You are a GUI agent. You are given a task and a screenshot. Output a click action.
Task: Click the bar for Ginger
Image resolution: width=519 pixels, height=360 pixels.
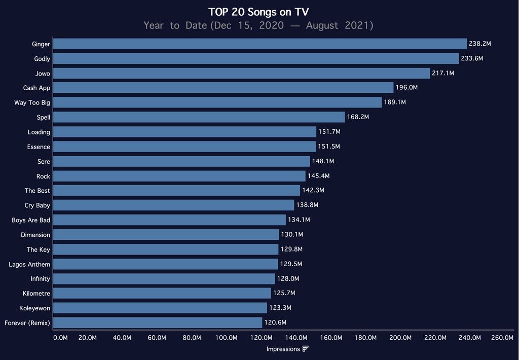pyautogui.click(x=259, y=44)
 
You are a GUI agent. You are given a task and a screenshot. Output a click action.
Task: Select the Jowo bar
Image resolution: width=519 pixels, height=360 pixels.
pyautogui.click(x=241, y=74)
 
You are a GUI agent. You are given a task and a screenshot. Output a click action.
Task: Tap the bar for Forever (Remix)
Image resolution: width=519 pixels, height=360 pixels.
pyautogui.click(x=158, y=322)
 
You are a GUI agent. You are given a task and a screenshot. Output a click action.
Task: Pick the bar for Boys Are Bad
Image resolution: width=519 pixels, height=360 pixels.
pyautogui.click(x=169, y=220)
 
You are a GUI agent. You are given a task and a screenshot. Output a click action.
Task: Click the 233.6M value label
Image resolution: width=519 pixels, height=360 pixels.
pyautogui.click(x=472, y=59)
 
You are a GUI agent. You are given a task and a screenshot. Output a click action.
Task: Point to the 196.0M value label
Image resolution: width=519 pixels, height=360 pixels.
pyautogui.click(x=406, y=88)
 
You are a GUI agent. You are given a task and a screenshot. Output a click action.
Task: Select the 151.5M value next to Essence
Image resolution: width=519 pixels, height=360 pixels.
pyautogui.click(x=328, y=147)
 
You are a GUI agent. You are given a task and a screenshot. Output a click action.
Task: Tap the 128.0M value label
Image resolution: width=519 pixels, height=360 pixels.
pyautogui.click(x=288, y=279)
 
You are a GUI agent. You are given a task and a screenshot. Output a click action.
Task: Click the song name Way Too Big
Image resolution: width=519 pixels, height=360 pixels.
pyautogui.click(x=32, y=103)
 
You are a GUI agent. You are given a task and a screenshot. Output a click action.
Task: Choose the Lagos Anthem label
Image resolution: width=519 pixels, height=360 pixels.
pyautogui.click(x=29, y=264)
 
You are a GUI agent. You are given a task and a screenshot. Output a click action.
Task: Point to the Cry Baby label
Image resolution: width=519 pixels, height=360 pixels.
pyautogui.click(x=37, y=205)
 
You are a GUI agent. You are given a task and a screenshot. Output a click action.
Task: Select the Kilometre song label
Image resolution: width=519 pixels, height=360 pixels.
pyautogui.click(x=36, y=294)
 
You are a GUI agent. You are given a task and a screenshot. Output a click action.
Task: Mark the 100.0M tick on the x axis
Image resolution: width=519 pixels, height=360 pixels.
pyautogui.click(x=226, y=338)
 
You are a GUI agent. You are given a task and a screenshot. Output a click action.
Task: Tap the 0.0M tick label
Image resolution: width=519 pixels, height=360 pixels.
pyautogui.click(x=60, y=338)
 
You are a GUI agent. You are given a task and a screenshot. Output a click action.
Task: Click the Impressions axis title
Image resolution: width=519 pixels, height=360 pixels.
pyautogui.click(x=283, y=349)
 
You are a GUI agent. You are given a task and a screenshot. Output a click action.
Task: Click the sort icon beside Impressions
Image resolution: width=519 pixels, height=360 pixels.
pyautogui.click(x=305, y=349)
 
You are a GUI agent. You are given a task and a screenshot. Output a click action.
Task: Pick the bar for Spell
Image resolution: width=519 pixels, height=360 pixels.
pyautogui.click(x=199, y=117)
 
